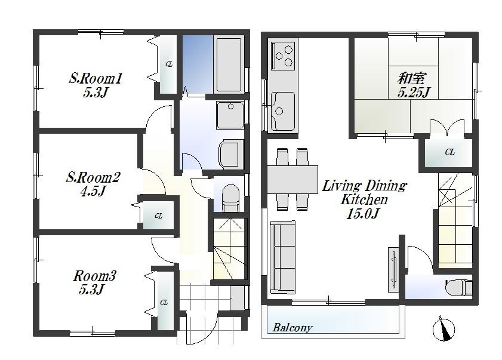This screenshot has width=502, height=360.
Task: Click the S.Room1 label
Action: pyautogui.click(x=96, y=78)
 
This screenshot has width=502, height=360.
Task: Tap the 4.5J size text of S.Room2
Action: pyautogui.click(x=94, y=191)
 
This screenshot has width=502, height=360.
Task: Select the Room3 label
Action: pyautogui.click(x=94, y=276)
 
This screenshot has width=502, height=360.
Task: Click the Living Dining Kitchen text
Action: pyautogui.click(x=364, y=192)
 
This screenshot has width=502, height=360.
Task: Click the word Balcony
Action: pyautogui.click(x=292, y=328)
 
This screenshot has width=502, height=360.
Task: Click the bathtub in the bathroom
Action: pyautogui.click(x=229, y=65)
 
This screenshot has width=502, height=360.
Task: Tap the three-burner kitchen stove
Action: pyautogui.click(x=283, y=56)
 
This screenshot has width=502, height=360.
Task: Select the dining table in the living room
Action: pyautogui.click(x=293, y=179)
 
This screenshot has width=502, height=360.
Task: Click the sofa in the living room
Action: pyautogui.click(x=283, y=257)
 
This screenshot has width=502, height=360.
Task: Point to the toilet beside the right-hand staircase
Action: pyautogui.click(x=458, y=287)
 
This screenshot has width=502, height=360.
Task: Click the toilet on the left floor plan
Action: pyautogui.click(x=230, y=196)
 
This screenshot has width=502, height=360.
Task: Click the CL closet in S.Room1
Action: pyautogui.click(x=168, y=64)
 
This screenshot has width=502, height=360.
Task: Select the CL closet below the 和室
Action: pyautogui.click(x=449, y=153)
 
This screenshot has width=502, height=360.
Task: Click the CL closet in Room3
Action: pyautogui.click(x=163, y=302)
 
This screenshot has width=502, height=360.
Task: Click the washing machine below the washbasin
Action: pyautogui.click(x=230, y=155)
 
